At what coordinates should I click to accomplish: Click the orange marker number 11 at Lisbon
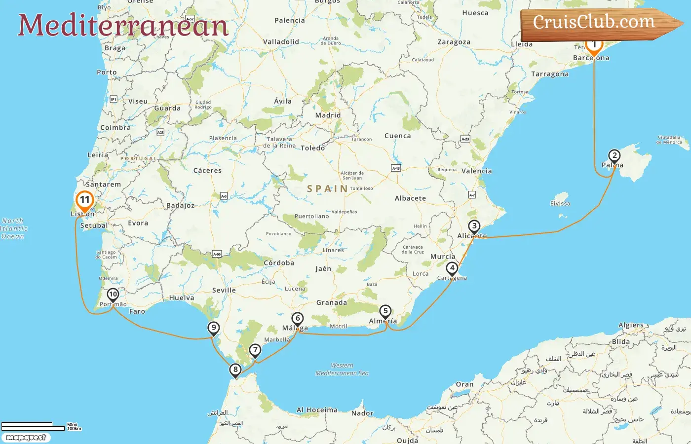85,200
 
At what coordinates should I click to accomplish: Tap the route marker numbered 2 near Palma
614,156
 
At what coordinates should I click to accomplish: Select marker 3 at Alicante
474,226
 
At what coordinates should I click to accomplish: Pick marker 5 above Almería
385,311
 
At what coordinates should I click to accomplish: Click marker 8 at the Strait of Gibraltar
235,370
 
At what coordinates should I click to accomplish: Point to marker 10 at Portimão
113,295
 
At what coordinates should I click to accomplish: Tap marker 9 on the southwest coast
213,328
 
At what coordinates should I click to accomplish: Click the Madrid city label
328,115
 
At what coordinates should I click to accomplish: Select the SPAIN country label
327,188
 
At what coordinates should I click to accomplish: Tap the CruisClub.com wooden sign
595,23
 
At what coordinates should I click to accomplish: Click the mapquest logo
26,438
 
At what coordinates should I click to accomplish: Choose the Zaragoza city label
454,42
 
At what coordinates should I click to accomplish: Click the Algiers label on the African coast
631,325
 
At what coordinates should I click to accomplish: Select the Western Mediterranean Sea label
342,370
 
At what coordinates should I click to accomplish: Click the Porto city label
107,72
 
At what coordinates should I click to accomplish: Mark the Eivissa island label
560,203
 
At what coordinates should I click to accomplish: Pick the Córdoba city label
279,263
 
